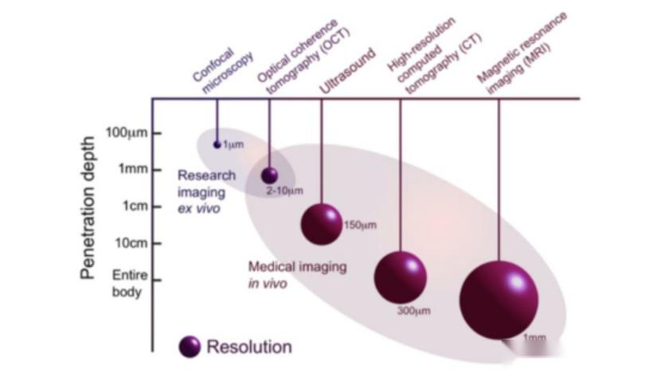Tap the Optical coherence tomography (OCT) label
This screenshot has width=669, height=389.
(x=298, y=56)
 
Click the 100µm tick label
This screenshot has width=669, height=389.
(x=127, y=132)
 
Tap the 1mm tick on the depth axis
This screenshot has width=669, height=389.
(x=133, y=169)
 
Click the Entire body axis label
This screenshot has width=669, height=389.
(x=126, y=283)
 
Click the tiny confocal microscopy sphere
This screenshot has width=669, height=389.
(x=217, y=144)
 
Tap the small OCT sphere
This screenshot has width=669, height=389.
(x=270, y=175)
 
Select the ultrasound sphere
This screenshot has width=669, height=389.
(x=321, y=223)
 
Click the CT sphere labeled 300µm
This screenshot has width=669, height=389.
(x=400, y=277)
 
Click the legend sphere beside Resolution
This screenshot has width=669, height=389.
(x=190, y=347)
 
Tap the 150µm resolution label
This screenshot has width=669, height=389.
(x=359, y=226)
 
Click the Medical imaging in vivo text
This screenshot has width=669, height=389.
(x=296, y=275)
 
